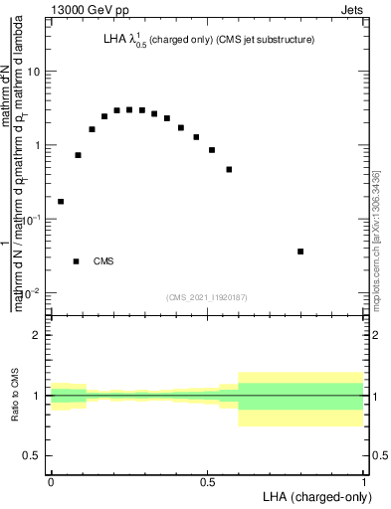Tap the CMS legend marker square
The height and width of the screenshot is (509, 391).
(x=77, y=261)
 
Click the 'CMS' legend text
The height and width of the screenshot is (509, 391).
(x=103, y=261)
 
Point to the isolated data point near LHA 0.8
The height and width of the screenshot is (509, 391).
(x=300, y=252)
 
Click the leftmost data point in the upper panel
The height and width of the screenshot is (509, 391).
(x=61, y=202)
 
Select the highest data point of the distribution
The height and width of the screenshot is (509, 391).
(x=129, y=109)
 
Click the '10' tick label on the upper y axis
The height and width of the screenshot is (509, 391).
(x=35, y=72)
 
